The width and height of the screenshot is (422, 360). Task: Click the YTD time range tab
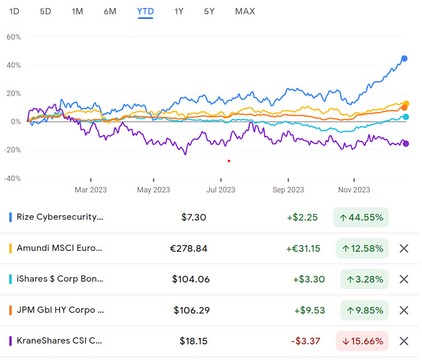pos(146,11)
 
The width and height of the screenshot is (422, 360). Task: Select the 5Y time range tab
pos(209,11)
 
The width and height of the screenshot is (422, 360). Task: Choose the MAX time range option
pos(245,11)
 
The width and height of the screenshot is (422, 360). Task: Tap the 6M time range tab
pos(110,11)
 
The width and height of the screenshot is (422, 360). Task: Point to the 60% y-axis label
pos(13,37)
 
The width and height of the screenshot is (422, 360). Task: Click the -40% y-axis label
pos(12,179)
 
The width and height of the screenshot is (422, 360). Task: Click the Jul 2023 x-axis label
pos(221,190)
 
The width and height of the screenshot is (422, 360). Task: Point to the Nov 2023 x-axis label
pos(354,190)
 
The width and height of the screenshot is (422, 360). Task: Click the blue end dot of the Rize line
pos(404,58)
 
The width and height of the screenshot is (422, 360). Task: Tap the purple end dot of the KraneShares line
pos(406,143)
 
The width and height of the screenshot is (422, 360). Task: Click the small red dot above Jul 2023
pos(229,160)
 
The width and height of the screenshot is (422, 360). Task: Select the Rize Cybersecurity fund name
pos(60,217)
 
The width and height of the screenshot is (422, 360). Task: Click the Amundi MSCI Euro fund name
pos(59,248)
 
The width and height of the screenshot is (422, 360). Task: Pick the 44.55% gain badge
pos(360,217)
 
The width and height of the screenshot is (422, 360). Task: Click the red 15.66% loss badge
pos(362,341)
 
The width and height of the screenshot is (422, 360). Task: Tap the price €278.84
pos(188,248)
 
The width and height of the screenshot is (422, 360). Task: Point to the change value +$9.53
pos(309,310)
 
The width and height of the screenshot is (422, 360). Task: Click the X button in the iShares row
pos(404,279)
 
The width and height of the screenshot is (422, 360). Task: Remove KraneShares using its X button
pos(404,341)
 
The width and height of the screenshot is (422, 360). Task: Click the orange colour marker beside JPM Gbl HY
pos(10,310)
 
